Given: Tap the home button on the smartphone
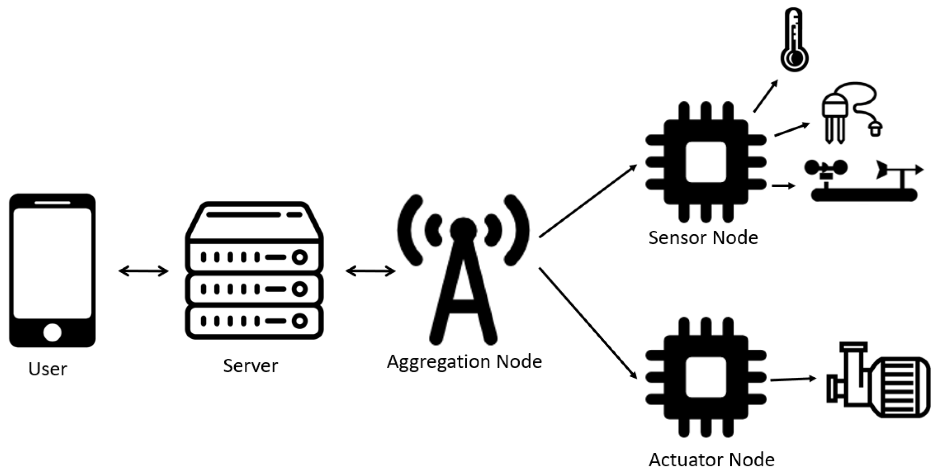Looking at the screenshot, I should coord(52,332).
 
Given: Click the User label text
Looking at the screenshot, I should coord(48,369).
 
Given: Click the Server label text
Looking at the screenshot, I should coord(250,365).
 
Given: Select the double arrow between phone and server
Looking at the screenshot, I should coord(143,271).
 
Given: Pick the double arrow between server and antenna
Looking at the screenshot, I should coord(370,271).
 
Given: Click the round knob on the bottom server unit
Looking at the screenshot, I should coord(300,321).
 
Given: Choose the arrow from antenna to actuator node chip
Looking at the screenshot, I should coord(588,323).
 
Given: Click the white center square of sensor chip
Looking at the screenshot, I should coord(706,162).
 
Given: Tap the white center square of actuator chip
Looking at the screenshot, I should coord(706,377).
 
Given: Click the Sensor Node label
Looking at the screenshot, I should coord(703,238).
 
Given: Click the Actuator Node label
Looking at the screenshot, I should coord(711,460).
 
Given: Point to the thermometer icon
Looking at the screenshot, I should coord(794,40).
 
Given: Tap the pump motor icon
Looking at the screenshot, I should coord(878,381).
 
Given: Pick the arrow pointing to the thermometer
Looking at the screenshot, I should coord(766,95).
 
